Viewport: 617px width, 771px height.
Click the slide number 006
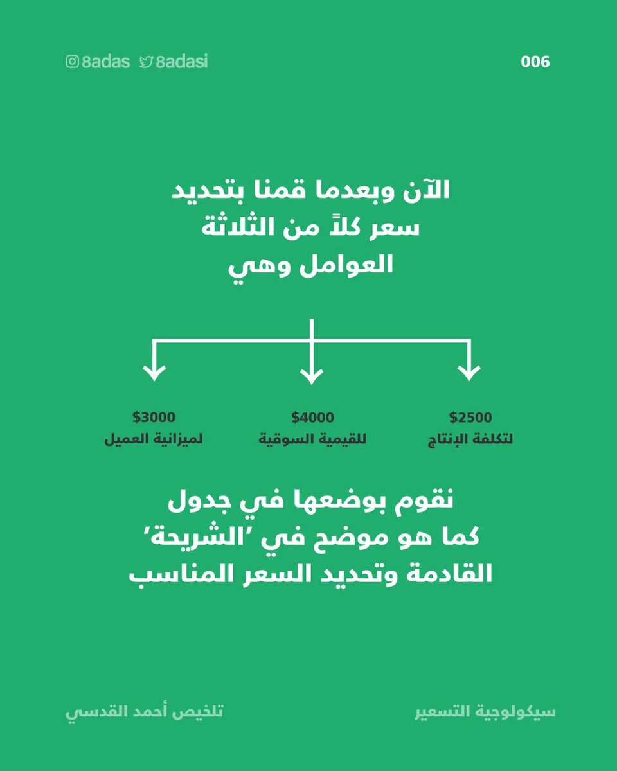click(x=535, y=62)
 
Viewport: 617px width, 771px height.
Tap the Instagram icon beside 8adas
click(x=72, y=62)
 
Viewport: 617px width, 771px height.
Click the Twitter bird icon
click(x=146, y=62)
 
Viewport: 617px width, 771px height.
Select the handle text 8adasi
click(x=182, y=62)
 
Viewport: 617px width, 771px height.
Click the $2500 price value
click(x=470, y=418)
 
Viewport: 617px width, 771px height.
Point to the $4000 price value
click(x=312, y=418)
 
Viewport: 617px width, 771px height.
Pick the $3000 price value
click(x=154, y=418)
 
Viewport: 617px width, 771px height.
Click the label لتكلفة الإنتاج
click(x=470, y=441)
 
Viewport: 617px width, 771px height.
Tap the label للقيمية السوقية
click(x=312, y=441)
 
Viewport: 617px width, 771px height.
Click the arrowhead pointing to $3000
click(x=154, y=373)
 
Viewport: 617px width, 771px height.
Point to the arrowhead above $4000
click(x=311, y=373)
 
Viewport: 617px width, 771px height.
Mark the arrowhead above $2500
click(x=469, y=373)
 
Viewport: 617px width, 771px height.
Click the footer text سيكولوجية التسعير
click(x=485, y=713)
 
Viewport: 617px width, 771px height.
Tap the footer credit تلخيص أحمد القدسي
click(x=144, y=713)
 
